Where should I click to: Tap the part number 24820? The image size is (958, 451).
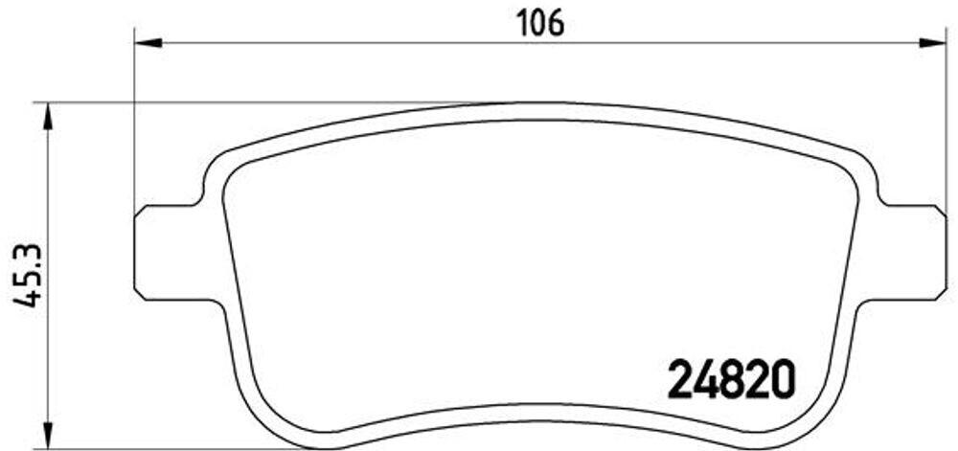pyautogui.click(x=729, y=381)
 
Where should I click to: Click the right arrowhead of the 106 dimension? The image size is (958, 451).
pyautogui.click(x=932, y=41)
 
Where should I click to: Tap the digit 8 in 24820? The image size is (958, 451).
pyautogui.click(x=729, y=381)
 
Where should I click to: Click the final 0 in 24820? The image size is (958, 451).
pyautogui.click(x=783, y=381)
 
